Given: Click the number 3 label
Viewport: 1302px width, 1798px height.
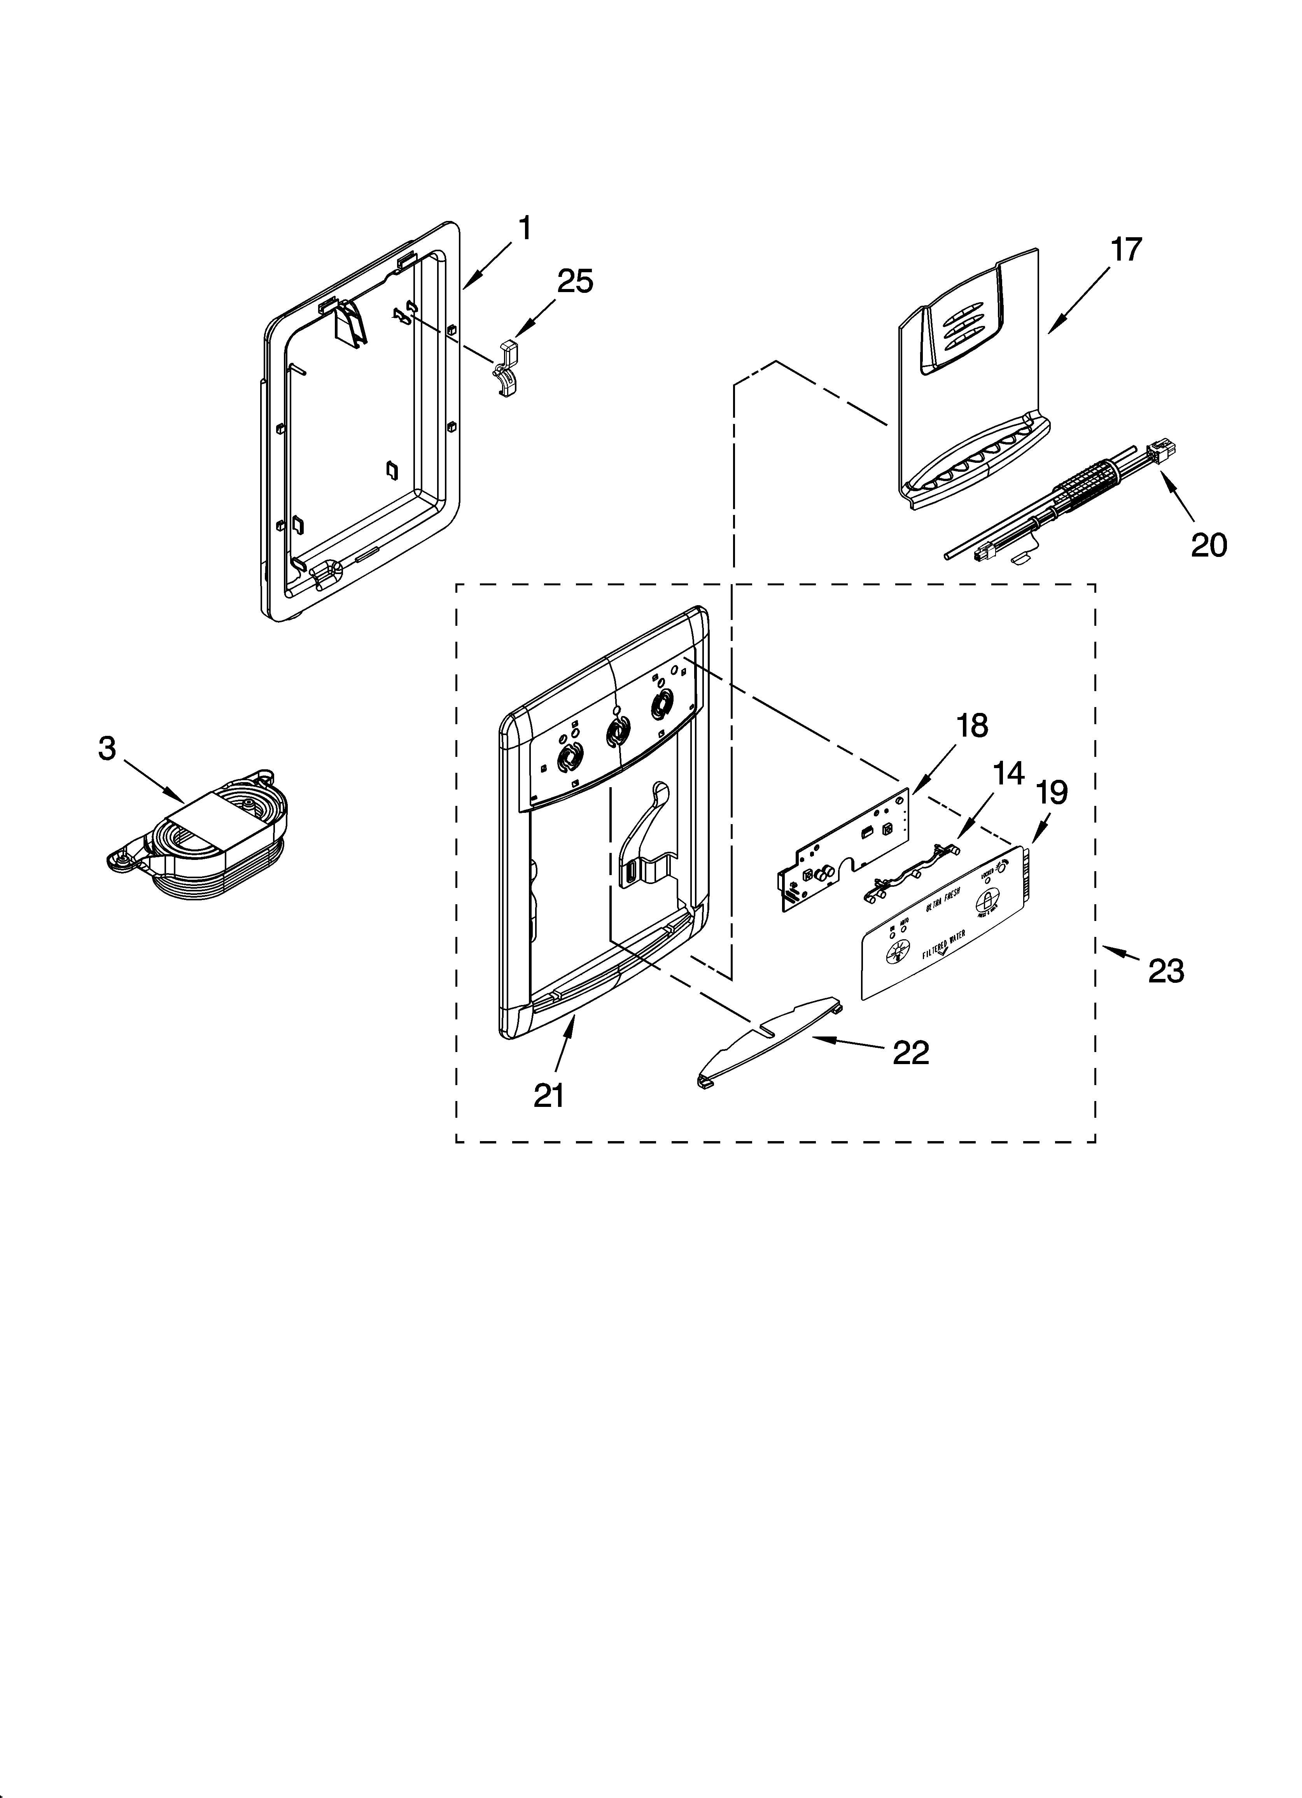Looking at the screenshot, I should pyautogui.click(x=107, y=748).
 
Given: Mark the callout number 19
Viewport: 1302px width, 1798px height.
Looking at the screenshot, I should pyautogui.click(x=1052, y=792).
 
